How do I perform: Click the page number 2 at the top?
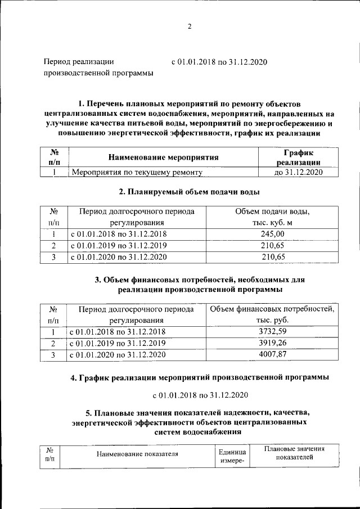[x=190, y=26]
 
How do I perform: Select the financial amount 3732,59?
[x=272, y=332]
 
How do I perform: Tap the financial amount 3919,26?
[x=272, y=343]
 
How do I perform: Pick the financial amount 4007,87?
[x=272, y=354]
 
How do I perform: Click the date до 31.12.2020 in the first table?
[x=298, y=173]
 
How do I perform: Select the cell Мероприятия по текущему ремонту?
[x=136, y=173]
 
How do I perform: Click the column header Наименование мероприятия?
[x=163, y=157]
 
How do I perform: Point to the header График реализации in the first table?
[x=298, y=157]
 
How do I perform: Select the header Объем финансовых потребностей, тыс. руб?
[x=272, y=314]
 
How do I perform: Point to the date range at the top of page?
[x=219, y=61]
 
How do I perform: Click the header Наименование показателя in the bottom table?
[x=137, y=454]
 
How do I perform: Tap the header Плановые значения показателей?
[x=295, y=453]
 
